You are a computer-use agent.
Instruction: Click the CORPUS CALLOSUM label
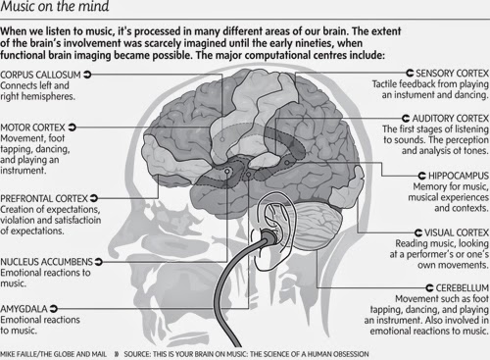[40, 75]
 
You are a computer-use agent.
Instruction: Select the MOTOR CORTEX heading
[32, 128]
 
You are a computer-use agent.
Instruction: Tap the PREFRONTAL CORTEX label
[44, 198]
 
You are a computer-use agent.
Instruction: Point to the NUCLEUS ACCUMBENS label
[47, 262]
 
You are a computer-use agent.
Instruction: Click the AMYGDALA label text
[24, 309]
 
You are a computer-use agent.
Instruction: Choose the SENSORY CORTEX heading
[453, 73]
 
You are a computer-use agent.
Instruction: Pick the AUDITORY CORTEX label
[451, 118]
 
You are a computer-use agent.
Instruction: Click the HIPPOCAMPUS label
[459, 176]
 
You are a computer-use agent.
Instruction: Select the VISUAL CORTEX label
[457, 232]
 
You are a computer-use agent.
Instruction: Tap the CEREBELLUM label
[463, 287]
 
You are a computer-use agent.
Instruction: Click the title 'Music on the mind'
[55, 6]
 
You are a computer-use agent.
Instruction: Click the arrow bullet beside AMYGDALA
[54, 308]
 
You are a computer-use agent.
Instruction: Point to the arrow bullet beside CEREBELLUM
[430, 287]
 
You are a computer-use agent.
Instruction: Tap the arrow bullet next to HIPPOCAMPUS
[422, 176]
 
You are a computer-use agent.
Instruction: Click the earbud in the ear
[269, 236]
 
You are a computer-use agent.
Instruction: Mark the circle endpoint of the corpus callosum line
[222, 139]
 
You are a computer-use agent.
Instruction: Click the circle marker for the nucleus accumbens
[227, 171]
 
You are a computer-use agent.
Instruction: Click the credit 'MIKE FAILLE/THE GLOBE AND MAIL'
[53, 354]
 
